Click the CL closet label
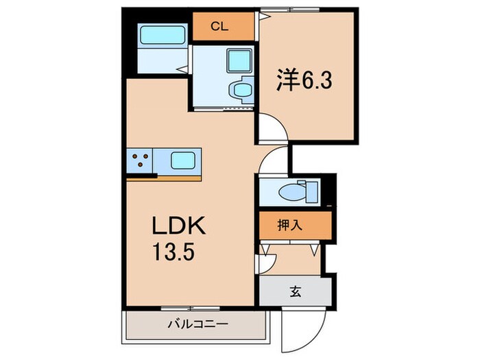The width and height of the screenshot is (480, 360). pyautogui.click(x=219, y=27)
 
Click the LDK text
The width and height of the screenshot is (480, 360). pyautogui.click(x=179, y=226)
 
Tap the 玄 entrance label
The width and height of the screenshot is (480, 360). pyautogui.click(x=295, y=291)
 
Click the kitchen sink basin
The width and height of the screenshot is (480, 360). pyautogui.click(x=182, y=161)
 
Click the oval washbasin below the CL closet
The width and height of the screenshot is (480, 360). pyautogui.click(x=240, y=88)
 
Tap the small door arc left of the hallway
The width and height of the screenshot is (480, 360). pyautogui.click(x=268, y=261)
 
